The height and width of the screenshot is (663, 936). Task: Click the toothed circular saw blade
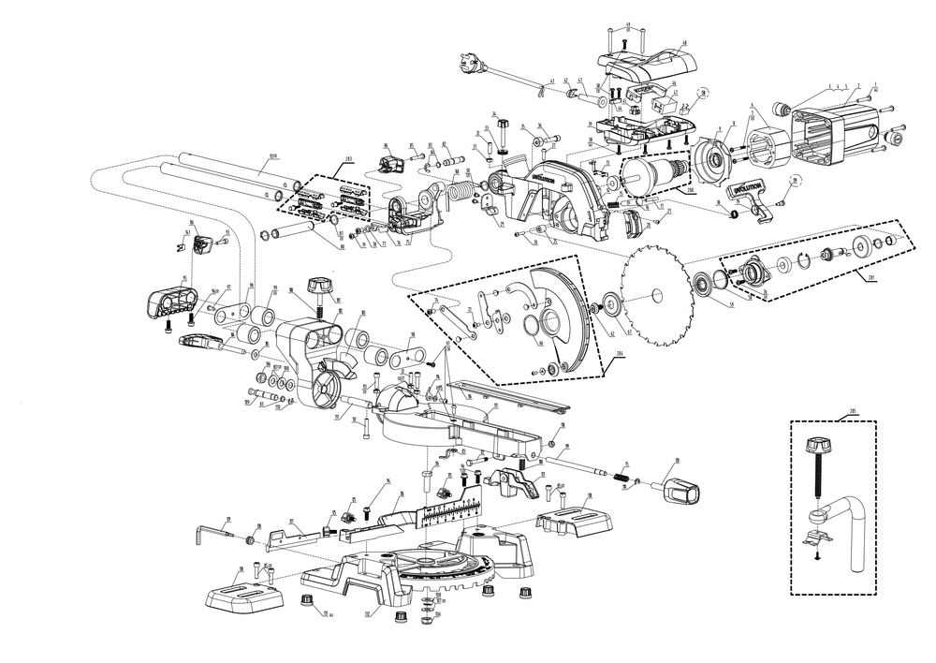655,296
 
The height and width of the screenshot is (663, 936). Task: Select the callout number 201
873,277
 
